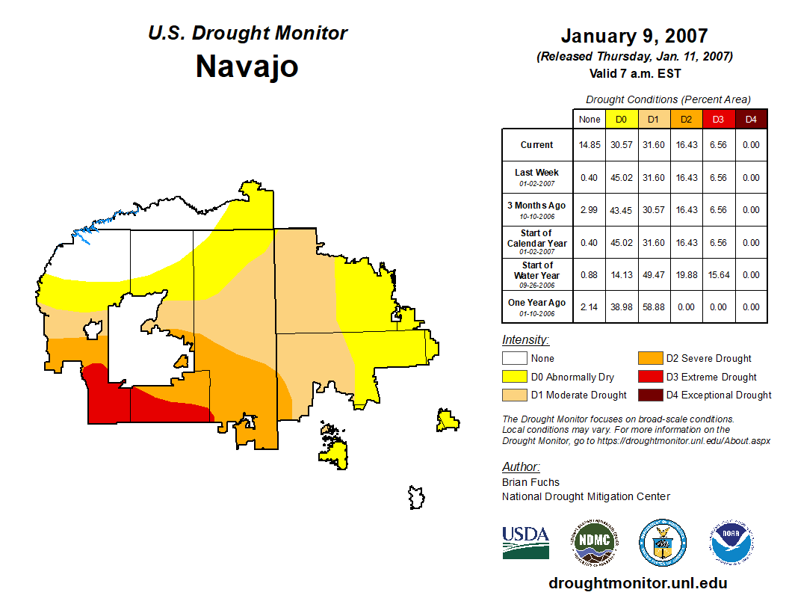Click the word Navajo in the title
click(x=247, y=66)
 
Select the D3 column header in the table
click(x=718, y=119)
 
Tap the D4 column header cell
click(x=750, y=119)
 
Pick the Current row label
click(x=536, y=145)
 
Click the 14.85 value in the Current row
click(x=590, y=145)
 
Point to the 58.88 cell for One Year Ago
click(x=653, y=307)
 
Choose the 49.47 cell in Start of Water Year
click(x=653, y=275)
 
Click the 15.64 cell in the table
click(x=718, y=275)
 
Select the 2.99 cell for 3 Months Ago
click(x=590, y=210)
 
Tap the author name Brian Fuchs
click(x=530, y=482)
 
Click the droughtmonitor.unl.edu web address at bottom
click(x=637, y=583)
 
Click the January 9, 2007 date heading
click(x=634, y=36)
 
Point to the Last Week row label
click(x=536, y=173)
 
